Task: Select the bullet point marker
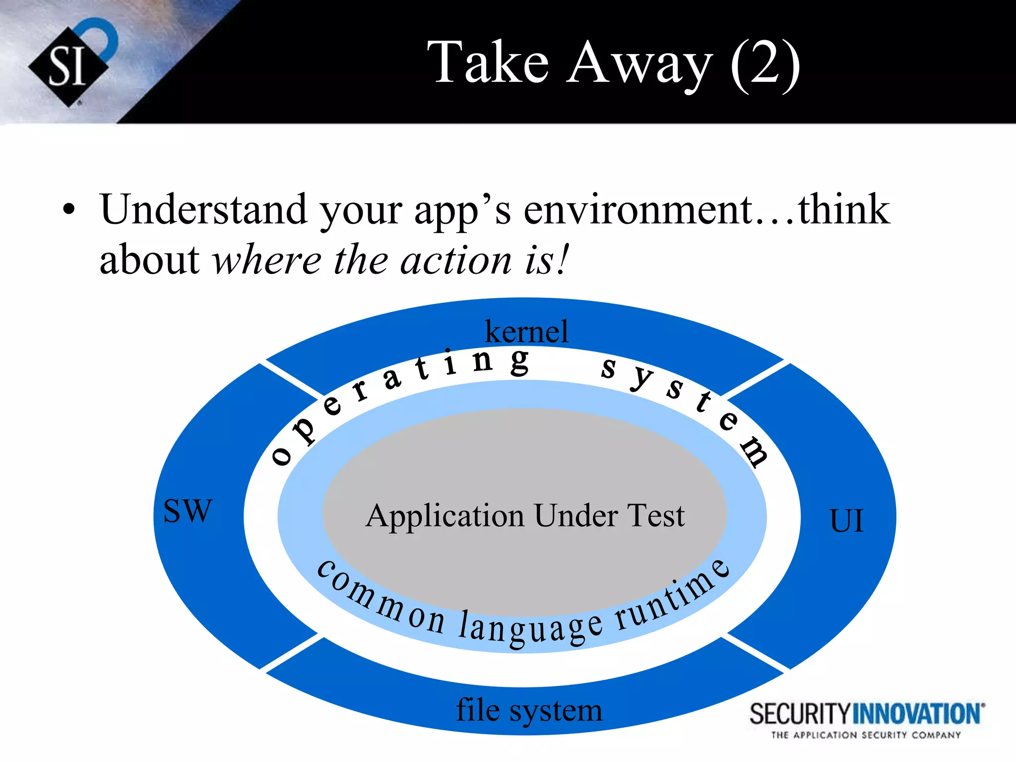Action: [x=69, y=210]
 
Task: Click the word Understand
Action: [x=203, y=210]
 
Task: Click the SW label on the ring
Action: [x=188, y=510]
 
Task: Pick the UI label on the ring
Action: [x=846, y=521]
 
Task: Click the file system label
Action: [x=529, y=710]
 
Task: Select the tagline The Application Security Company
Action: [x=866, y=735]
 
